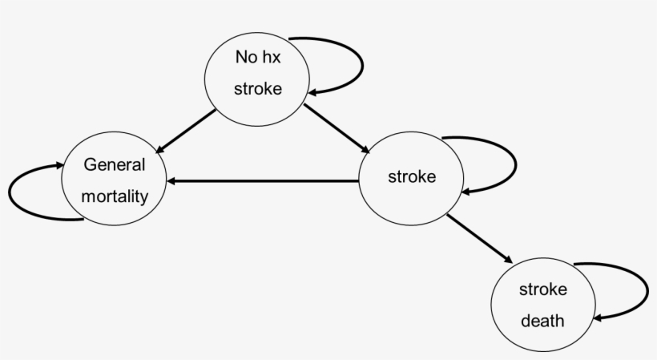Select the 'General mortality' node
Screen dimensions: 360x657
click(x=115, y=180)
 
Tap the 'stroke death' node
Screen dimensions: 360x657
click(x=542, y=305)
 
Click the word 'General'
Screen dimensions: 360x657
click(x=115, y=165)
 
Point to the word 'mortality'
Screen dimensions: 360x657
click(x=115, y=195)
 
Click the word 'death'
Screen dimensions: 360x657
click(x=542, y=321)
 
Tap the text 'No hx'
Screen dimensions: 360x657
click(x=257, y=57)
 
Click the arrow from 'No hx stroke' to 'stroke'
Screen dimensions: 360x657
click(x=335, y=127)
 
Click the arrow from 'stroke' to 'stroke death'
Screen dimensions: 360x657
click(x=478, y=238)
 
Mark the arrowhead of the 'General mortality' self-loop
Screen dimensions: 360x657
click(x=59, y=164)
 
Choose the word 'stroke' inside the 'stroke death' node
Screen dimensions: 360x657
click(x=542, y=289)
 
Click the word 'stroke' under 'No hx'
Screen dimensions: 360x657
click(x=257, y=88)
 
